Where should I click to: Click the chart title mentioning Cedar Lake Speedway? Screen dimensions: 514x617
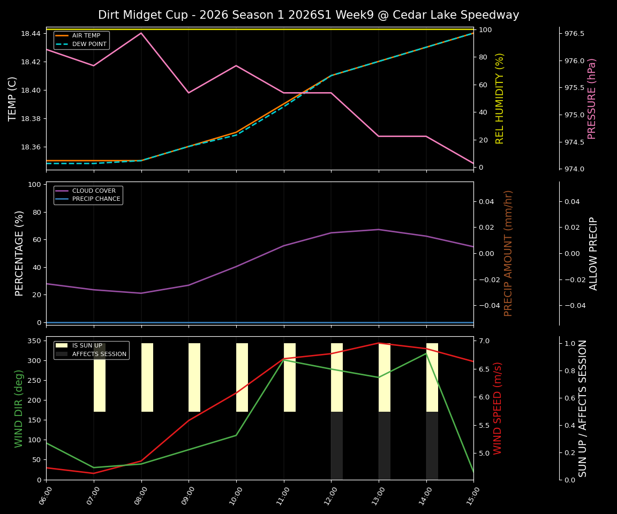308,15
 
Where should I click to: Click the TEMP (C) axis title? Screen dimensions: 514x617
13,99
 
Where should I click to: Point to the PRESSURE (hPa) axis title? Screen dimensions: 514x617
592,99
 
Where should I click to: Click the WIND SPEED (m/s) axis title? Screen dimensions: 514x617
498,408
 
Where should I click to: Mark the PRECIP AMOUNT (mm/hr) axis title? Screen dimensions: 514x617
509,253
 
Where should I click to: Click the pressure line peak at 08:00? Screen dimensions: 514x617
141,33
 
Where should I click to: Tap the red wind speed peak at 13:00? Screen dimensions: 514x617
379,343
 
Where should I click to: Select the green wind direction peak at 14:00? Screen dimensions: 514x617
426,353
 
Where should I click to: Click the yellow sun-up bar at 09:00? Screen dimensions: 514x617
194,377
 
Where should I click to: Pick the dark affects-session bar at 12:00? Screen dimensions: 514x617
337,445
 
